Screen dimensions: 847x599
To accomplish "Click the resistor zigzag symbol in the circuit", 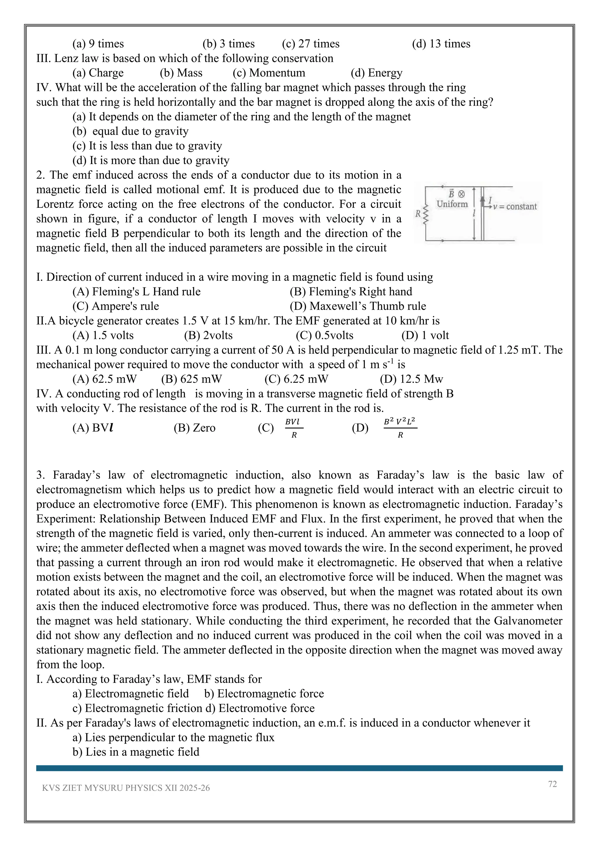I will coord(426,215).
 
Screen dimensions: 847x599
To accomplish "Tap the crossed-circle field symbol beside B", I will coord(461,194).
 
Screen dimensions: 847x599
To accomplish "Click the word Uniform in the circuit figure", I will coord(452,204).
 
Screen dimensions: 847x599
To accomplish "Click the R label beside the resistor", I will coord(418,214).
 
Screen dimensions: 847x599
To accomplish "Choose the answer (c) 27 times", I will coord(311,44).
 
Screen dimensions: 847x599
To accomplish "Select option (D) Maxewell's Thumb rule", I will coord(358,306).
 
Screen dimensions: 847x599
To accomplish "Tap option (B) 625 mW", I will coord(192,379).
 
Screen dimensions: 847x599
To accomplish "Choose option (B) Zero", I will coord(194,428).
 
